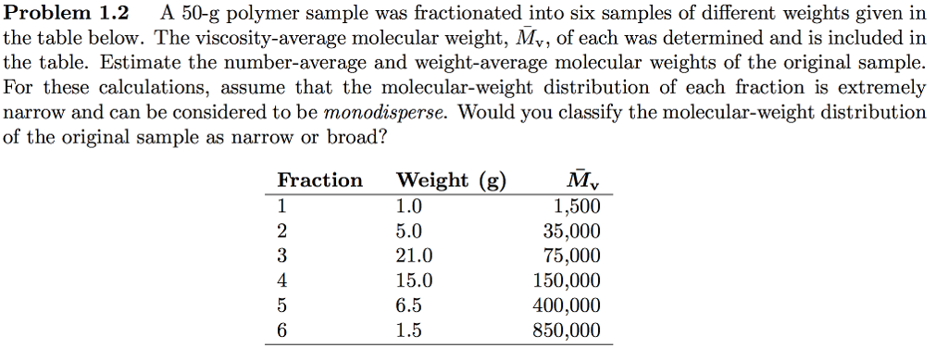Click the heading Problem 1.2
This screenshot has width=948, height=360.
coord(68,14)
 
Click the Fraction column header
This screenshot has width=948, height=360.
coord(319,180)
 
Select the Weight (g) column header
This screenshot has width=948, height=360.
coord(451,180)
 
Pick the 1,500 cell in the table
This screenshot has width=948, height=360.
coord(577,206)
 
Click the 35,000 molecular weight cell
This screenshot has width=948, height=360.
coord(571,231)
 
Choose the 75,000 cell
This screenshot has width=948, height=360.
coord(571,256)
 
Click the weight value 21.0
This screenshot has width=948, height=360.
coord(412,256)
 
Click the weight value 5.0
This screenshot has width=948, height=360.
coord(408,231)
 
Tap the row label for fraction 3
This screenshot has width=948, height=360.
coord(282,256)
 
